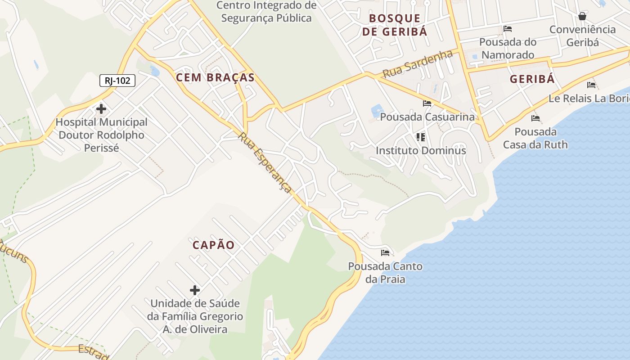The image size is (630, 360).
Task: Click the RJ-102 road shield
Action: (x=117, y=81)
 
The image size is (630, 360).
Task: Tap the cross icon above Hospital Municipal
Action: (x=101, y=108)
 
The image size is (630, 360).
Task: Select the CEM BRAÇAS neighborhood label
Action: (x=215, y=77)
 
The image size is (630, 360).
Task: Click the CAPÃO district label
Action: (x=214, y=245)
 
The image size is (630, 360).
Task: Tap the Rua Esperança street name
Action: (x=265, y=162)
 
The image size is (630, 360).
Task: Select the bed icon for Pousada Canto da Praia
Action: (x=385, y=252)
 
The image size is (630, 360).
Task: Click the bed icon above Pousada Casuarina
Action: (x=427, y=103)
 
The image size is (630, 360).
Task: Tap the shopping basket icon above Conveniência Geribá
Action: (x=582, y=16)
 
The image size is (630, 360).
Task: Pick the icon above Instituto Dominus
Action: (x=421, y=137)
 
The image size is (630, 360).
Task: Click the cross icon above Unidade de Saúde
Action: (x=194, y=290)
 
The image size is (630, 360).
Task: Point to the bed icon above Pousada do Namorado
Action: (x=508, y=29)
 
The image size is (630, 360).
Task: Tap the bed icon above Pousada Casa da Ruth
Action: (x=535, y=118)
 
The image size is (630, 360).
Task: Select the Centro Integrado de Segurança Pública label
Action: (x=266, y=12)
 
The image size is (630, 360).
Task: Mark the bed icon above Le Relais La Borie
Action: (x=591, y=85)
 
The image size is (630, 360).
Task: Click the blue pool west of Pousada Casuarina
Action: (x=377, y=111)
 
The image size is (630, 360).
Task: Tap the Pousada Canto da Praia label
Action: (x=385, y=272)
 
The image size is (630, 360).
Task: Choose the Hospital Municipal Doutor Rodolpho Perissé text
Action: (x=101, y=135)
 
